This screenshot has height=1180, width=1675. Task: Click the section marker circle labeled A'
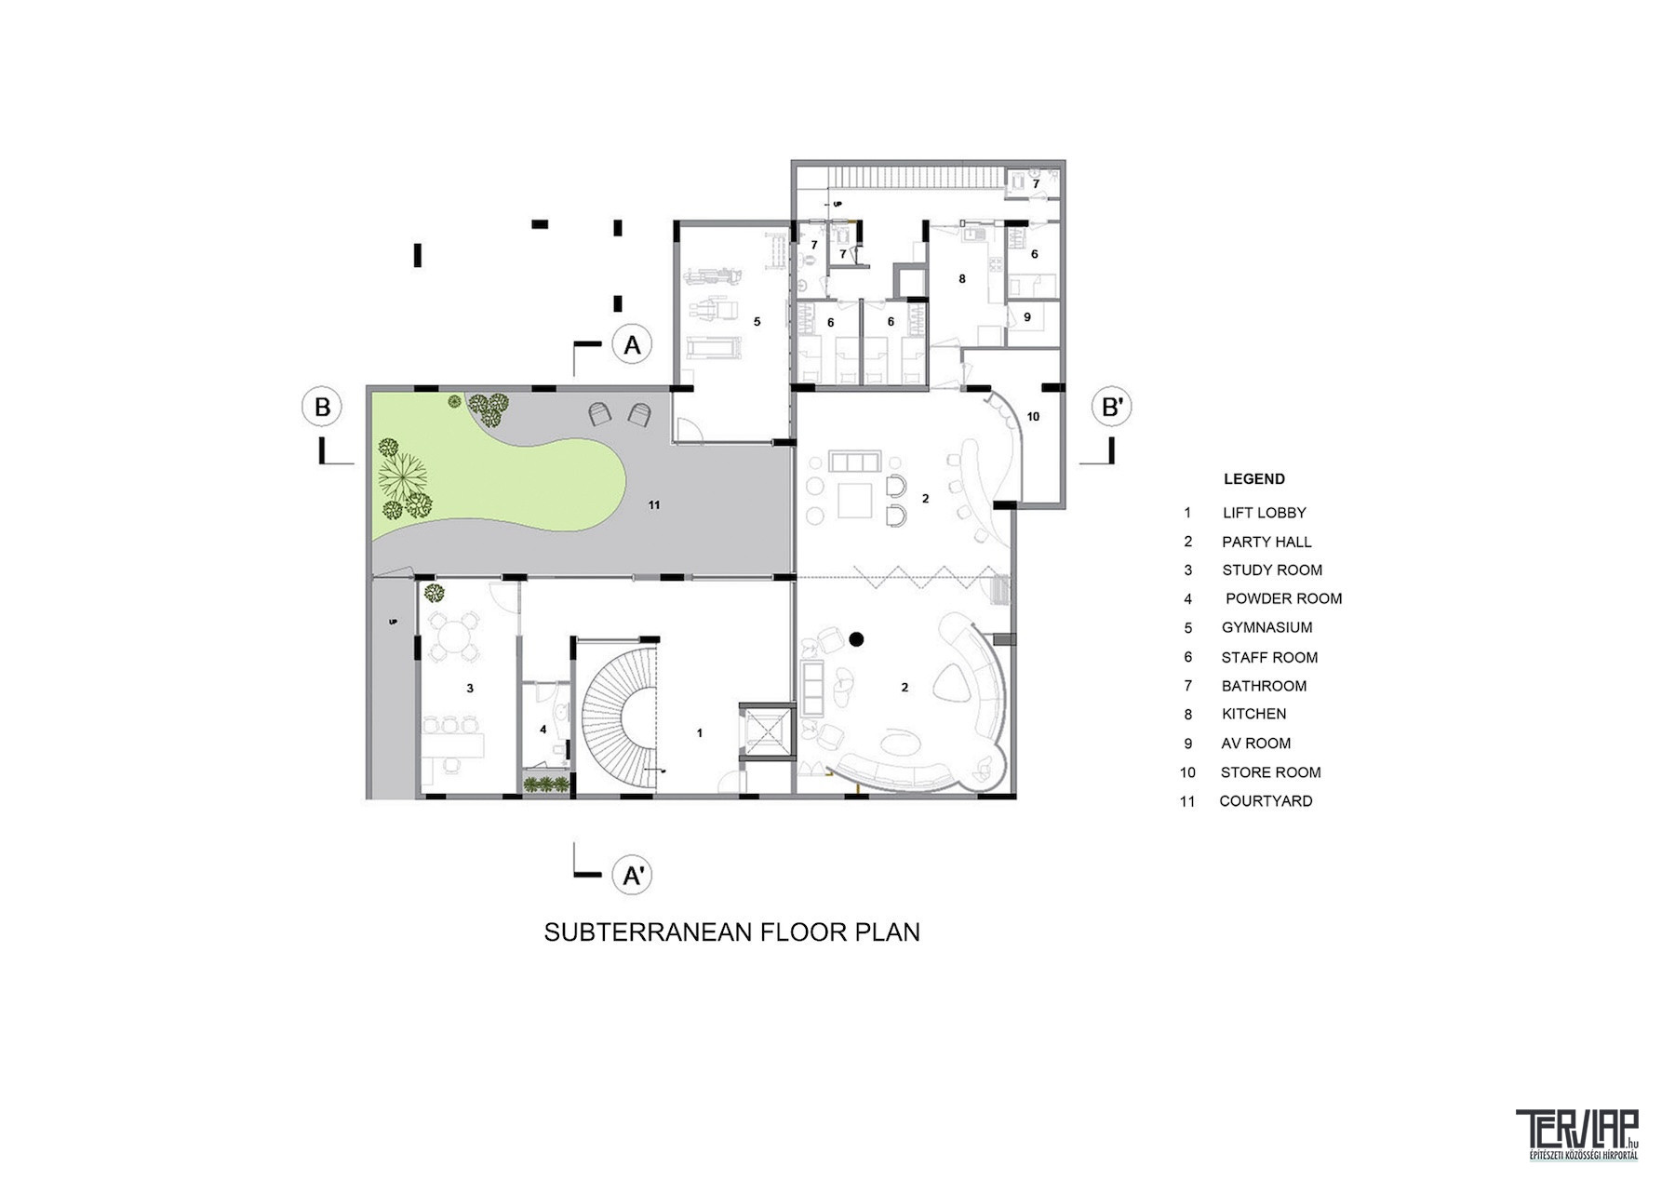[632, 875]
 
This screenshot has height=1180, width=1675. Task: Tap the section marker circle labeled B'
[1111, 407]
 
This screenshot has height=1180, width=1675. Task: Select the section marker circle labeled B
[322, 407]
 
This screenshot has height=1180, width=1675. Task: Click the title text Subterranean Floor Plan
[731, 932]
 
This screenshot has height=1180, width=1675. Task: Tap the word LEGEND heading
[1254, 479]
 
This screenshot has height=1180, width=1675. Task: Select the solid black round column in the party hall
[856, 639]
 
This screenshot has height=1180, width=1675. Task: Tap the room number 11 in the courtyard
[654, 505]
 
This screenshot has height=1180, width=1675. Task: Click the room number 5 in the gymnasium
[757, 321]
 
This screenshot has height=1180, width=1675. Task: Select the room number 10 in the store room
[1033, 416]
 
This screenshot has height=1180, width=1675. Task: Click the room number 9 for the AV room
[1027, 316]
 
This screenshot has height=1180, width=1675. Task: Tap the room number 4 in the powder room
[543, 730]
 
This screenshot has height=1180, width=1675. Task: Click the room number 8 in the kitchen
[962, 278]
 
